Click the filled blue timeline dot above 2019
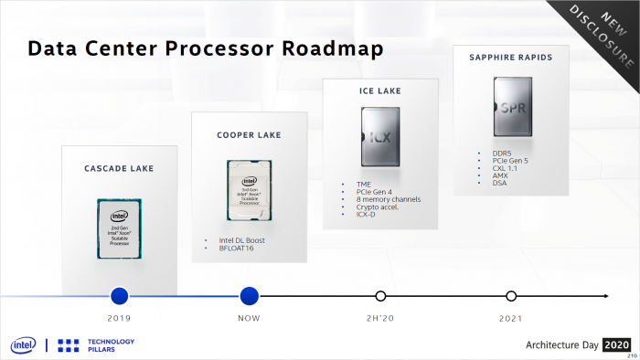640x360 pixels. [x=119, y=295]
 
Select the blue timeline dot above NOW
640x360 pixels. [x=250, y=295]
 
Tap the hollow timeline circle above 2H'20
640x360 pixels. [x=380, y=295]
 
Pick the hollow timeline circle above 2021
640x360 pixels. [x=511, y=295]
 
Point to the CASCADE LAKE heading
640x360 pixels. [x=119, y=168]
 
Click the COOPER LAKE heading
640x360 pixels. [x=249, y=135]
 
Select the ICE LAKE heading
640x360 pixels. [x=379, y=91]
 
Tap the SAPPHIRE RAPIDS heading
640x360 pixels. [x=511, y=58]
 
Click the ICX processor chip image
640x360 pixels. [x=379, y=141]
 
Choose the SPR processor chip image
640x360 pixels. [x=511, y=107]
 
